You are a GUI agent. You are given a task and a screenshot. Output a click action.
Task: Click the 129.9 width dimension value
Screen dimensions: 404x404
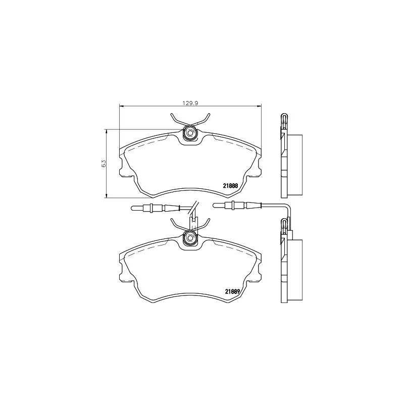tap(189, 103)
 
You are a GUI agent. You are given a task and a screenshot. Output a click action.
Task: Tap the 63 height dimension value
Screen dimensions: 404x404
tap(103, 163)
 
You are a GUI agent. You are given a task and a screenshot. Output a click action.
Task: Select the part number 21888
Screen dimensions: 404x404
tap(231, 185)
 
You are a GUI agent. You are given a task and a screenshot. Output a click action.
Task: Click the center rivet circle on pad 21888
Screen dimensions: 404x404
tap(190, 133)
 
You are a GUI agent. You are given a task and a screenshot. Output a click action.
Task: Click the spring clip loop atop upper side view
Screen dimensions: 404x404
tap(284, 120)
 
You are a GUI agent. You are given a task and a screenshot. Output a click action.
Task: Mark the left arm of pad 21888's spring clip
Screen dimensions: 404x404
tap(177, 120)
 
